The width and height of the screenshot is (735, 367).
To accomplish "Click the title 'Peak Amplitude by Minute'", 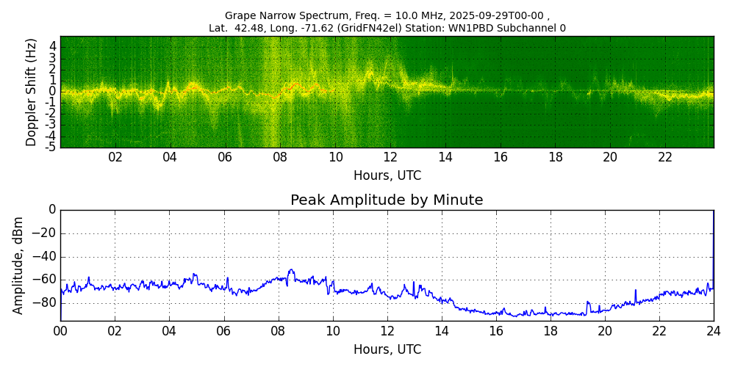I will point(387,200).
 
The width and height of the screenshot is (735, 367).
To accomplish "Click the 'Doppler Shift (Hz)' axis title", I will point(32,92).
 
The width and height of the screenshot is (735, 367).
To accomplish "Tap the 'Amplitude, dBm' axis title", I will point(19,265).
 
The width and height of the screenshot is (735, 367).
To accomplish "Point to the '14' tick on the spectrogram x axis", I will point(445,157).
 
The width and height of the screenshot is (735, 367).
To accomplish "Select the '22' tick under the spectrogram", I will point(665,157).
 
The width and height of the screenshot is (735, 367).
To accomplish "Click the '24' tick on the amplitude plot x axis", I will point(714,330).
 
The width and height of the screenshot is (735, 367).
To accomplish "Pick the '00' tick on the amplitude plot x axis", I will point(60,330).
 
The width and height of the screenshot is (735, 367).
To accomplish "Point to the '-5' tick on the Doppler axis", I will point(51,147).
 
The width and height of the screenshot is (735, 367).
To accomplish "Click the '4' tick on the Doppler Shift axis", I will point(53,46).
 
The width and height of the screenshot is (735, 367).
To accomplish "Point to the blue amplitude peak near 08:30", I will point(291,270).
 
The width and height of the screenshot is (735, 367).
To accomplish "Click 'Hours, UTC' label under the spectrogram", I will point(387,176).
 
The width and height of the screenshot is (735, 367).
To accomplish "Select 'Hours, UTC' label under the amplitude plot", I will point(387,349).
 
